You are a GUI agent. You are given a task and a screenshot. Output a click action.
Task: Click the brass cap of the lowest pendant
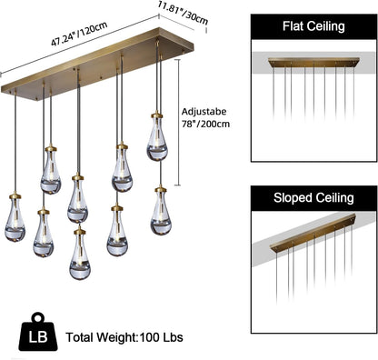79,232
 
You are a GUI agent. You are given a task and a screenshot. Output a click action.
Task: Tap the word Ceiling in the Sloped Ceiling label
331,196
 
